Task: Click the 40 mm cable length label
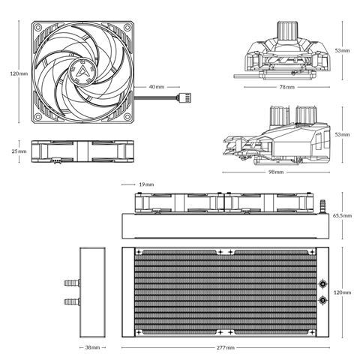pyautogui.click(x=156, y=87)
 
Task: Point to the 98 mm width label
pyautogui.click(x=276, y=172)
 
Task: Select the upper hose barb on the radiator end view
pyautogui.click(x=70, y=283)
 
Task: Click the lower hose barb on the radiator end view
pyautogui.click(x=70, y=301)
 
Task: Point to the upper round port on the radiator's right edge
pyautogui.click(x=322, y=284)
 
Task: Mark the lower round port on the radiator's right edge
pyautogui.click(x=322, y=300)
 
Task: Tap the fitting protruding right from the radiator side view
pyautogui.click(x=324, y=204)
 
